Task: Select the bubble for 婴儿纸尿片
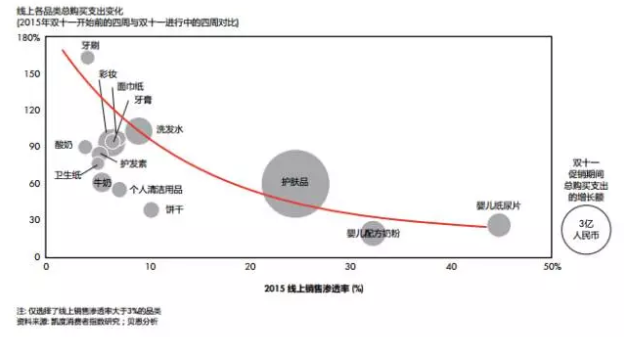(x=499, y=225)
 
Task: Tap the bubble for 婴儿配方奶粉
(x=373, y=234)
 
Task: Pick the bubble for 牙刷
(x=88, y=58)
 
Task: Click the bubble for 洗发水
(x=140, y=130)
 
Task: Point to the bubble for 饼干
(x=151, y=209)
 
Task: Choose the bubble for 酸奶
(x=85, y=147)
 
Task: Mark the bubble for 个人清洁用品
(x=119, y=190)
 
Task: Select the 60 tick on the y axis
(x=33, y=184)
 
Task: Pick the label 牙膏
(x=141, y=100)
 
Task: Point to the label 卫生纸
(x=67, y=174)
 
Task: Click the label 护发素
(x=134, y=163)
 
